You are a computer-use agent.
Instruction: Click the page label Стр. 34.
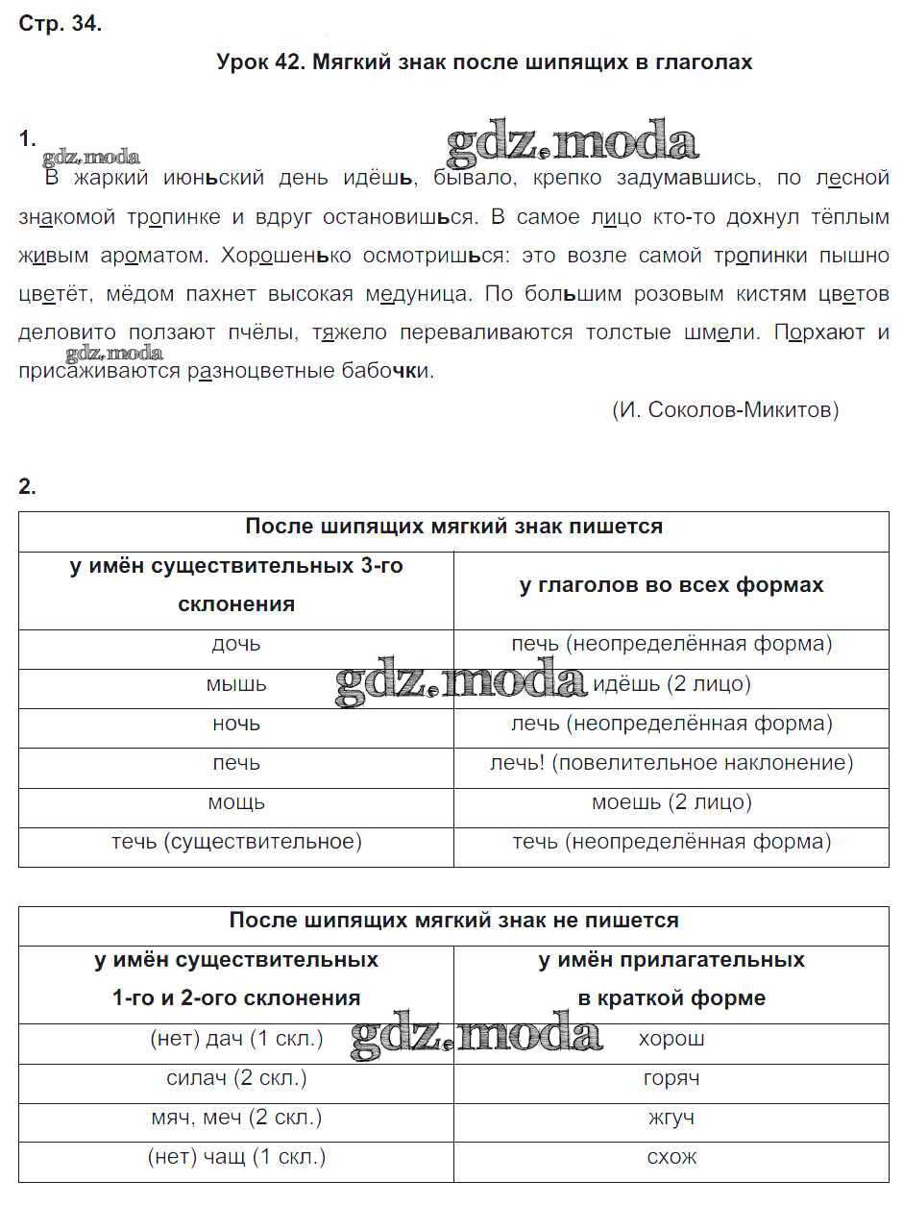[x=60, y=25]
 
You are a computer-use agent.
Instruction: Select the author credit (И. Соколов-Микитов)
[x=725, y=410]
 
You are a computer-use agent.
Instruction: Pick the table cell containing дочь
[x=236, y=644]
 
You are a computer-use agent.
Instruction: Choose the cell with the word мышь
[x=236, y=684]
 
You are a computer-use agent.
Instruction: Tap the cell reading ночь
[x=236, y=724]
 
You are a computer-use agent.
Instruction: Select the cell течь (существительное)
[x=236, y=842]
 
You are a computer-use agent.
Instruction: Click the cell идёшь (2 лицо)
[x=671, y=684]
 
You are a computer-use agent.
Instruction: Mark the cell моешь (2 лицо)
[x=671, y=802]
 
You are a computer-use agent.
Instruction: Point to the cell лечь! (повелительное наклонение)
[x=671, y=763]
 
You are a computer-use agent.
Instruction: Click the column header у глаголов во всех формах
[x=671, y=585]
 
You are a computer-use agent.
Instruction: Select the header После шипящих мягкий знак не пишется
[x=453, y=921]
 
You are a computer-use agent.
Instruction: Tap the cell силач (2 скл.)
[x=236, y=1078]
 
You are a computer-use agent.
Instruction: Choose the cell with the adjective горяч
[x=671, y=1078]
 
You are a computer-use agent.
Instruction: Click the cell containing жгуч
[x=671, y=1118]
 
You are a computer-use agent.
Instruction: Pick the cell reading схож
[x=671, y=1157]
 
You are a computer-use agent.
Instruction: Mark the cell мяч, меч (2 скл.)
[x=236, y=1118]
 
